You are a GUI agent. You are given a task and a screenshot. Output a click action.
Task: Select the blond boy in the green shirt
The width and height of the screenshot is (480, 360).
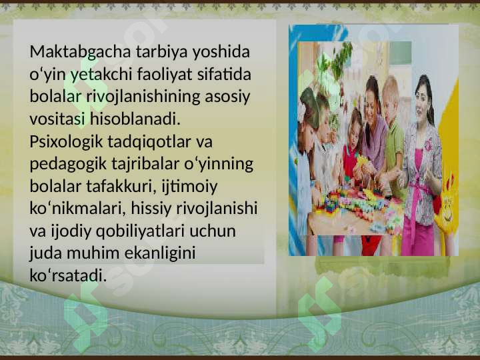pos(393,133)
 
